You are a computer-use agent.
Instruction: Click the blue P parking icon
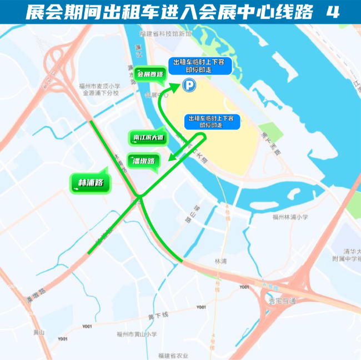(x=189, y=86)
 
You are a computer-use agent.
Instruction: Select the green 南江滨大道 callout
(x=149, y=137)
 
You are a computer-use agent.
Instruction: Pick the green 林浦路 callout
(x=91, y=182)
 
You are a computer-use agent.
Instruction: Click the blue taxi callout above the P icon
(x=203, y=66)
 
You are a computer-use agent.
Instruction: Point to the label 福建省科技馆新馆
(x=166, y=33)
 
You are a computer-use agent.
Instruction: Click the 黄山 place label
(x=38, y=332)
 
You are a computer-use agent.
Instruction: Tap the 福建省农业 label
(x=173, y=356)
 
